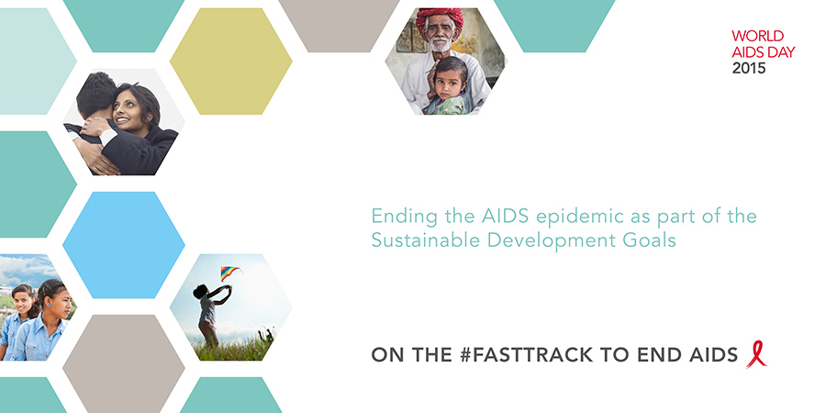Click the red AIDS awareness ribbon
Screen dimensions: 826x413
(x=756, y=354)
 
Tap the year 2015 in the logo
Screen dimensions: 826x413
(x=749, y=68)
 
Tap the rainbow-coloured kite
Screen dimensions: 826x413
(x=229, y=272)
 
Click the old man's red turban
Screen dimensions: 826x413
(x=440, y=19)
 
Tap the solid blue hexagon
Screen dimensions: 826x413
(x=124, y=244)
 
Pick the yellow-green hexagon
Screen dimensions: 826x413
(x=230, y=61)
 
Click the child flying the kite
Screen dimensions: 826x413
(x=209, y=316)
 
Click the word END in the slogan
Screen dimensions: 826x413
(x=661, y=354)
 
